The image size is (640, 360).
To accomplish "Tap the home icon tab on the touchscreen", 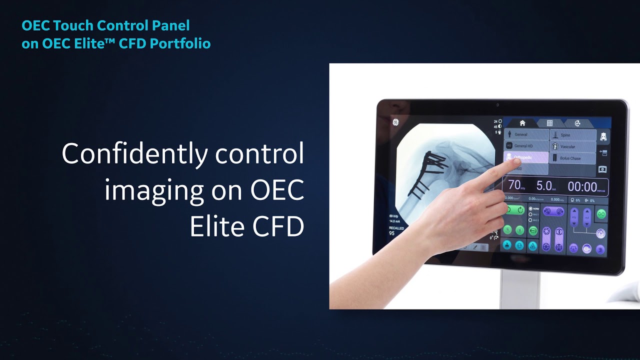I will [522, 123].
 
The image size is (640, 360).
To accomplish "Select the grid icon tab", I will [549, 123].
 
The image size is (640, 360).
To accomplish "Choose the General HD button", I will [526, 146].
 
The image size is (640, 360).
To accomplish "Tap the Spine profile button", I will [573, 135].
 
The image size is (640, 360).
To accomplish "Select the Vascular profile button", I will [573, 147].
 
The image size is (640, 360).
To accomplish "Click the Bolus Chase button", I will [573, 158].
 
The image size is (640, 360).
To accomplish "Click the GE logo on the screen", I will [395, 122].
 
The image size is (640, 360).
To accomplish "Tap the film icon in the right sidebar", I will [602, 169].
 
